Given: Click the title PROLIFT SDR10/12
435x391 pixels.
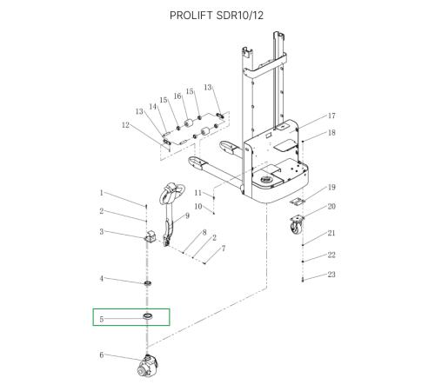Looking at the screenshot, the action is pyautogui.click(x=217, y=16).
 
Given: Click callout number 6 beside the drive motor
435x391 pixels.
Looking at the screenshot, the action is pyautogui.click(x=101, y=355).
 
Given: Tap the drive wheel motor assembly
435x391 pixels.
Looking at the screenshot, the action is pyautogui.click(x=148, y=367).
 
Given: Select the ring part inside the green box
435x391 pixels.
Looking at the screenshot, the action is pyautogui.click(x=148, y=316).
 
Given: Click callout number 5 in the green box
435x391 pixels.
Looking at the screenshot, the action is pyautogui.click(x=101, y=319).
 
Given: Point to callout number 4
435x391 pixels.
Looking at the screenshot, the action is pyautogui.click(x=101, y=279).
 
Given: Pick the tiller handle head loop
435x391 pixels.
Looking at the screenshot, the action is pyautogui.click(x=171, y=193).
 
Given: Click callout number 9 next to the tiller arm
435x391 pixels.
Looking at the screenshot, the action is pyautogui.click(x=187, y=215).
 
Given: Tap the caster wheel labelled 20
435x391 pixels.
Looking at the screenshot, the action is pyautogui.click(x=297, y=225).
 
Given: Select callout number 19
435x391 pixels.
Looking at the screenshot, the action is pyautogui.click(x=331, y=187).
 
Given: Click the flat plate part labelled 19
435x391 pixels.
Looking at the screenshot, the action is pyautogui.click(x=298, y=201).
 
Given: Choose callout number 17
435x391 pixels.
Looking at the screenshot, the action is pyautogui.click(x=331, y=116).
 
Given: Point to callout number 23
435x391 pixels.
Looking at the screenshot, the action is pyautogui.click(x=331, y=275).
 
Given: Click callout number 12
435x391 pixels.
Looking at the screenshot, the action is pyautogui.click(x=125, y=125).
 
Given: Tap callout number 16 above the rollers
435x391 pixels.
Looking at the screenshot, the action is pyautogui.click(x=177, y=96).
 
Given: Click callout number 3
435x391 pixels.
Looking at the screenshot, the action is pyautogui.click(x=101, y=232).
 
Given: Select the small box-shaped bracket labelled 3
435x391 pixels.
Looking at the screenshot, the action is pyautogui.click(x=151, y=236).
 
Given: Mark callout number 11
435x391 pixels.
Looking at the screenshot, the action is pyautogui.click(x=197, y=193).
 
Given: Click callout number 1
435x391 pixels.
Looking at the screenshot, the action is pyautogui.click(x=101, y=193).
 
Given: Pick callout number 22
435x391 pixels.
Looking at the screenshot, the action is pyautogui.click(x=331, y=255).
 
